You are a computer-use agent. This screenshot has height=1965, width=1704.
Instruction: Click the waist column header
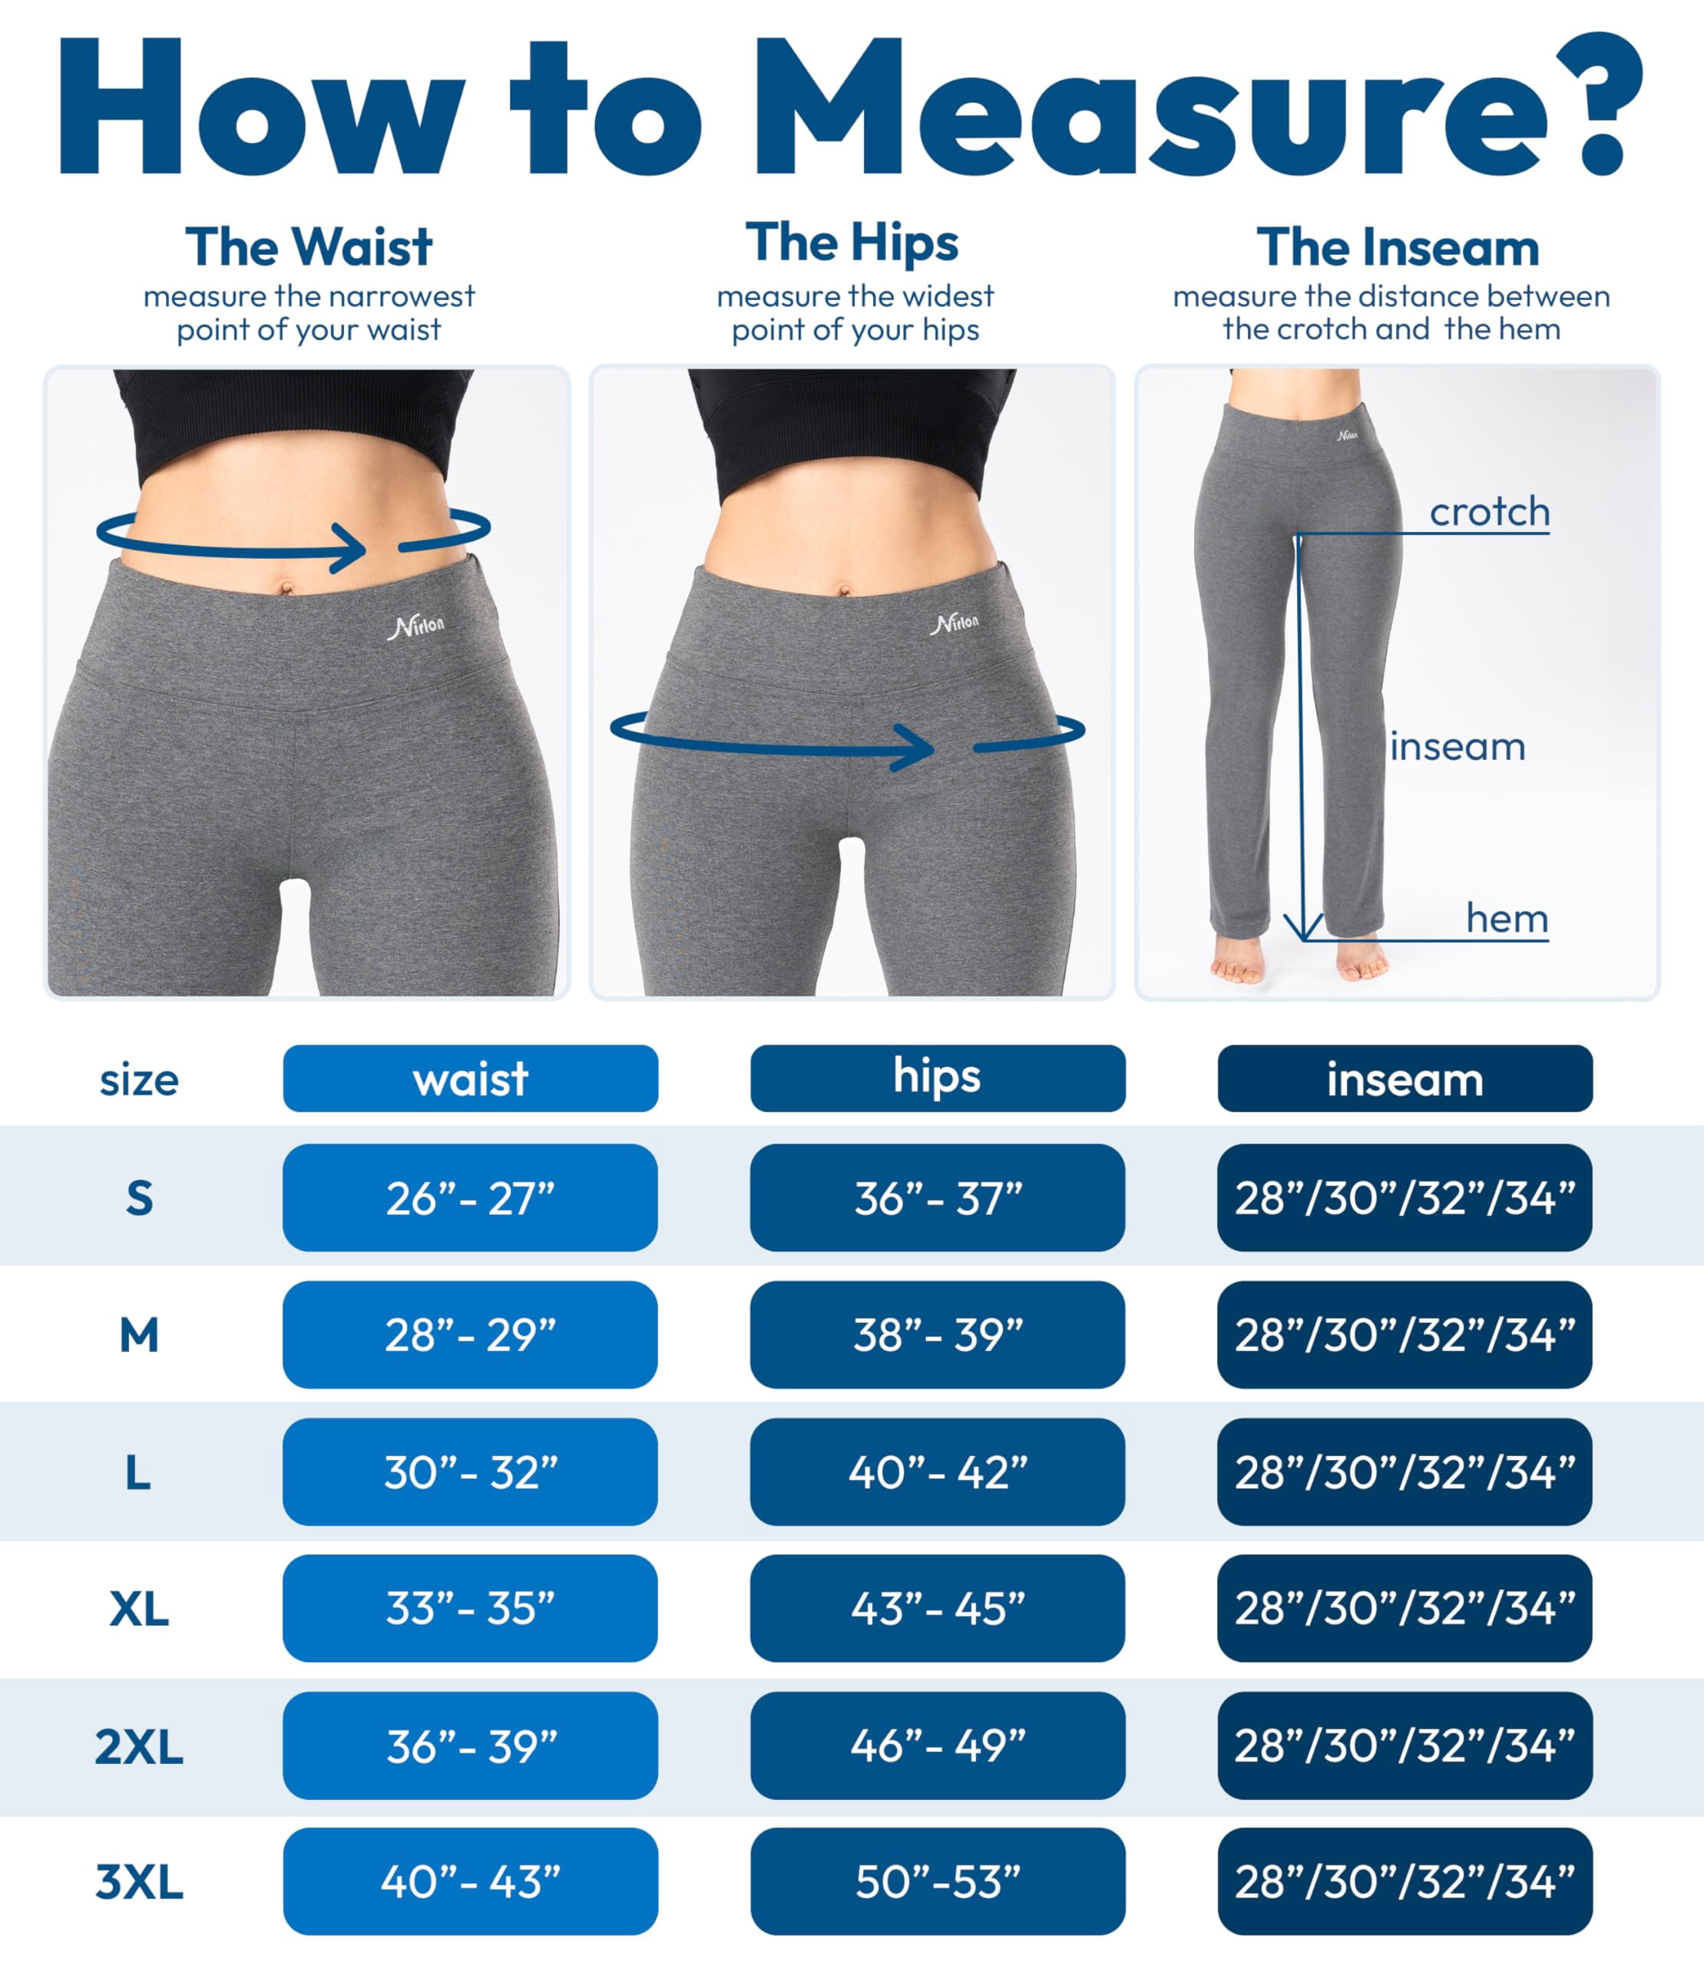[470, 1078]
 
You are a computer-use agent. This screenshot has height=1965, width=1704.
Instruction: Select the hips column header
[938, 1078]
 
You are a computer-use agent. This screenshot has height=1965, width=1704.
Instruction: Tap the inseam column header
[1405, 1078]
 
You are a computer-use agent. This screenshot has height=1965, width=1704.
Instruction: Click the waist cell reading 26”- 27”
[470, 1198]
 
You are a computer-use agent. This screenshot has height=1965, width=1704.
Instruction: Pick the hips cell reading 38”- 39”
[938, 1335]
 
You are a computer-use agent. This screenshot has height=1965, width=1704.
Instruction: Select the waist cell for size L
[470, 1471]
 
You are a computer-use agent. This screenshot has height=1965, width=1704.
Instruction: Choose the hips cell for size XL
[938, 1609]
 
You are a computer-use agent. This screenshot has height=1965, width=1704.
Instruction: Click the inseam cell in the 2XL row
[1405, 1745]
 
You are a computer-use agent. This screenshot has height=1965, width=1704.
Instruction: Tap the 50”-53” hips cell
[938, 1881]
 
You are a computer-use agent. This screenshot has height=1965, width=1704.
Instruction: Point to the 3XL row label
[139, 1882]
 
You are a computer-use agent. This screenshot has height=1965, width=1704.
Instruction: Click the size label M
[139, 1336]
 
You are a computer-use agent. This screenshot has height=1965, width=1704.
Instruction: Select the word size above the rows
[139, 1081]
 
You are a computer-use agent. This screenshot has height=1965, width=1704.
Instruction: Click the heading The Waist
[309, 246]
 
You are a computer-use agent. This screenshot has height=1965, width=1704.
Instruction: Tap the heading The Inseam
[1398, 247]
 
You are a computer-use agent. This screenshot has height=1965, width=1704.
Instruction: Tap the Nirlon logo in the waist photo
[415, 626]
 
